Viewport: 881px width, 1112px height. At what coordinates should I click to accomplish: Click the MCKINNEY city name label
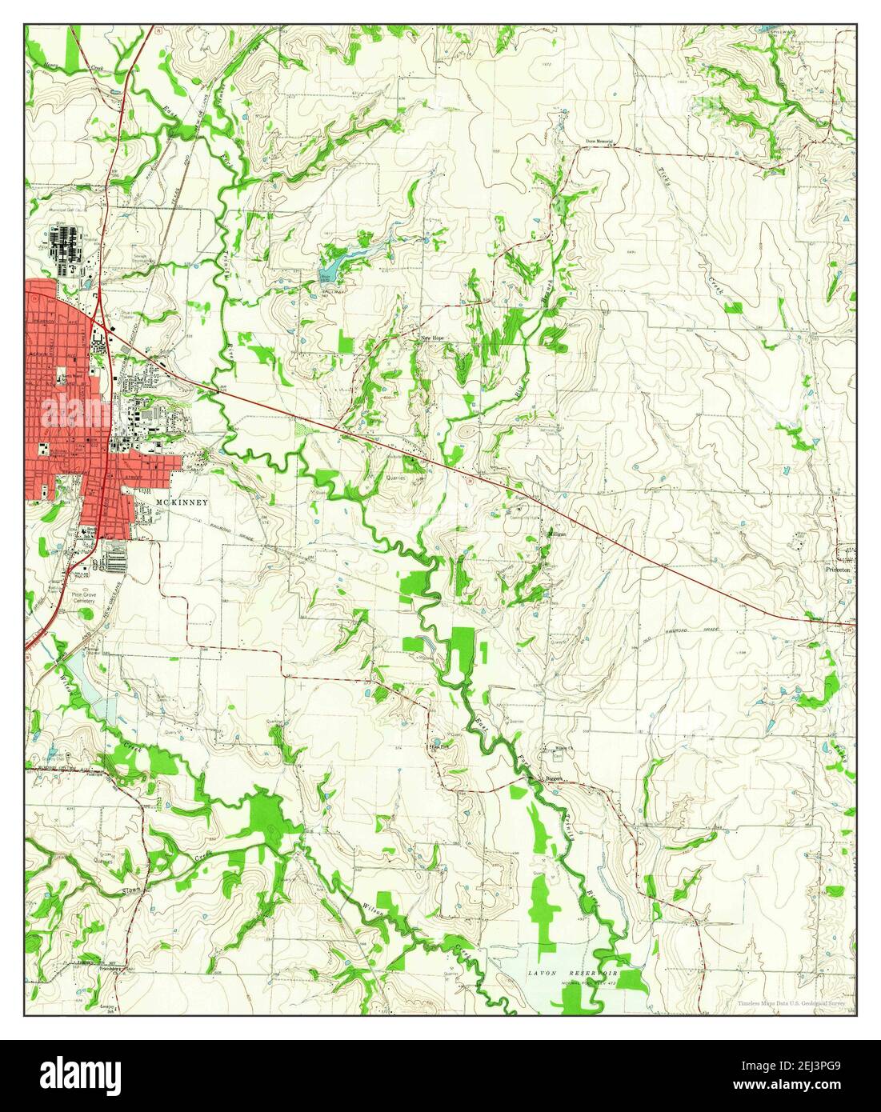pos(182,502)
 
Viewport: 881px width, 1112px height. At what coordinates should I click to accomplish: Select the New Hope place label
pos(433,338)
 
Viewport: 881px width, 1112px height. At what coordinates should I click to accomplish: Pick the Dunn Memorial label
pos(599,142)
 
